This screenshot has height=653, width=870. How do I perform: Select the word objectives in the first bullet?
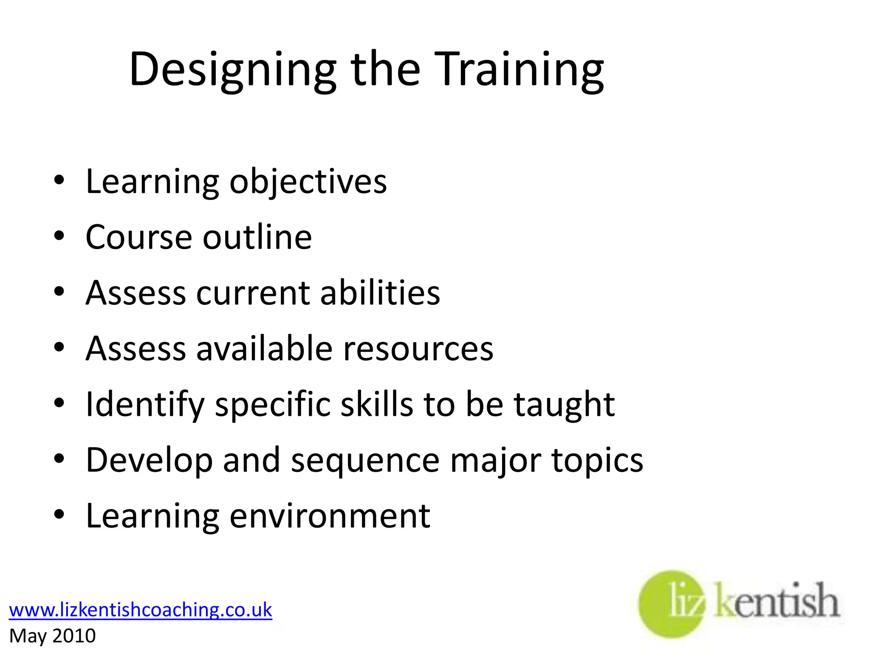(308, 182)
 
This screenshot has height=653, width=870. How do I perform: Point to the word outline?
(257, 237)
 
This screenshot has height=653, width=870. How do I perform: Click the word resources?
(418, 349)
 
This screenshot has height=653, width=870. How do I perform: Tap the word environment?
(330, 516)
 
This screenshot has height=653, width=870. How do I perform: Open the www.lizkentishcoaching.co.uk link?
(141, 610)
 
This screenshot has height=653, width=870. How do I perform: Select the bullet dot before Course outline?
(59, 236)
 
